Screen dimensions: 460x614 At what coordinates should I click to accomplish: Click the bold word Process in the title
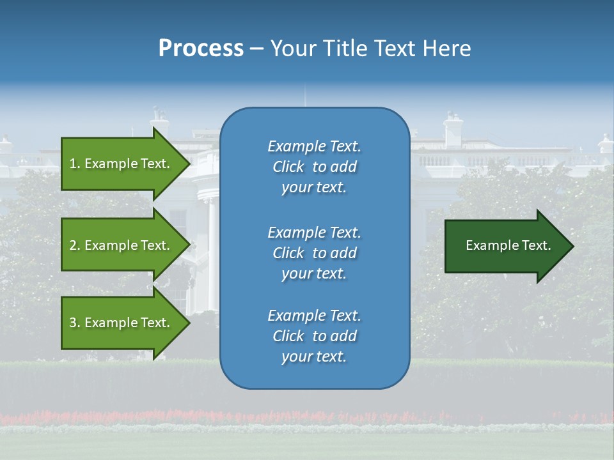(201, 49)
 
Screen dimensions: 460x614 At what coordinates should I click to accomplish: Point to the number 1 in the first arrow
(73, 164)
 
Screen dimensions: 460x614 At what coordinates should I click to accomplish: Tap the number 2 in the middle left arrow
(73, 245)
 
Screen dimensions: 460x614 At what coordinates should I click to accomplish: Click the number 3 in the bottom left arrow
(73, 323)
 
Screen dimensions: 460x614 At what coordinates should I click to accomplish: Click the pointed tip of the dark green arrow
(571, 246)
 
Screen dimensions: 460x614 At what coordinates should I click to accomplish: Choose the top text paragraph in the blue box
(314, 167)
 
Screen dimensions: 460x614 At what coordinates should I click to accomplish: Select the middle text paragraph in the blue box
(314, 252)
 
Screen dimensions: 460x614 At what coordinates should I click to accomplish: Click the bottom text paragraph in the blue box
(314, 336)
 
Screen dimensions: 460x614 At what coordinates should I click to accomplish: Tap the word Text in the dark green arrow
(536, 245)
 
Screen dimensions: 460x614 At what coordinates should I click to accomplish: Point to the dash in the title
(257, 49)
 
